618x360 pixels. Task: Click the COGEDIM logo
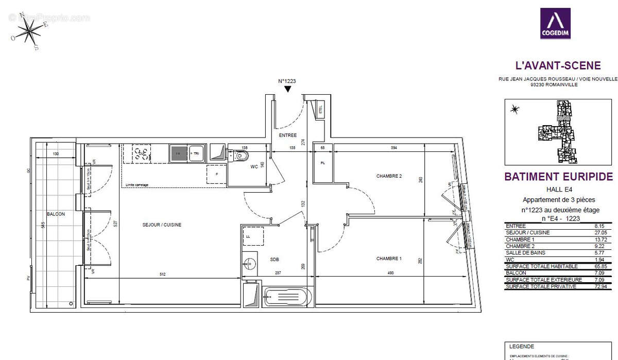point(555,23)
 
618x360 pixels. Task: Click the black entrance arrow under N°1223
point(287,89)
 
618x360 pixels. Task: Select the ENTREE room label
point(288,135)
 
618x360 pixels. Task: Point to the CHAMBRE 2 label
point(389,176)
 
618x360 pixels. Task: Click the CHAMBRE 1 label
point(389,259)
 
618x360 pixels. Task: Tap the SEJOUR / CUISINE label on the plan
point(162,225)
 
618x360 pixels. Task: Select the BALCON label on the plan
point(56,214)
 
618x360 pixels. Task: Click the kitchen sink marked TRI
point(196,152)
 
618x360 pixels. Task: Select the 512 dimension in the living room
point(162,275)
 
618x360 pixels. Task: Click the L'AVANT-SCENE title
point(558,65)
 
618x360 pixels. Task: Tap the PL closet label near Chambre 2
point(323,163)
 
